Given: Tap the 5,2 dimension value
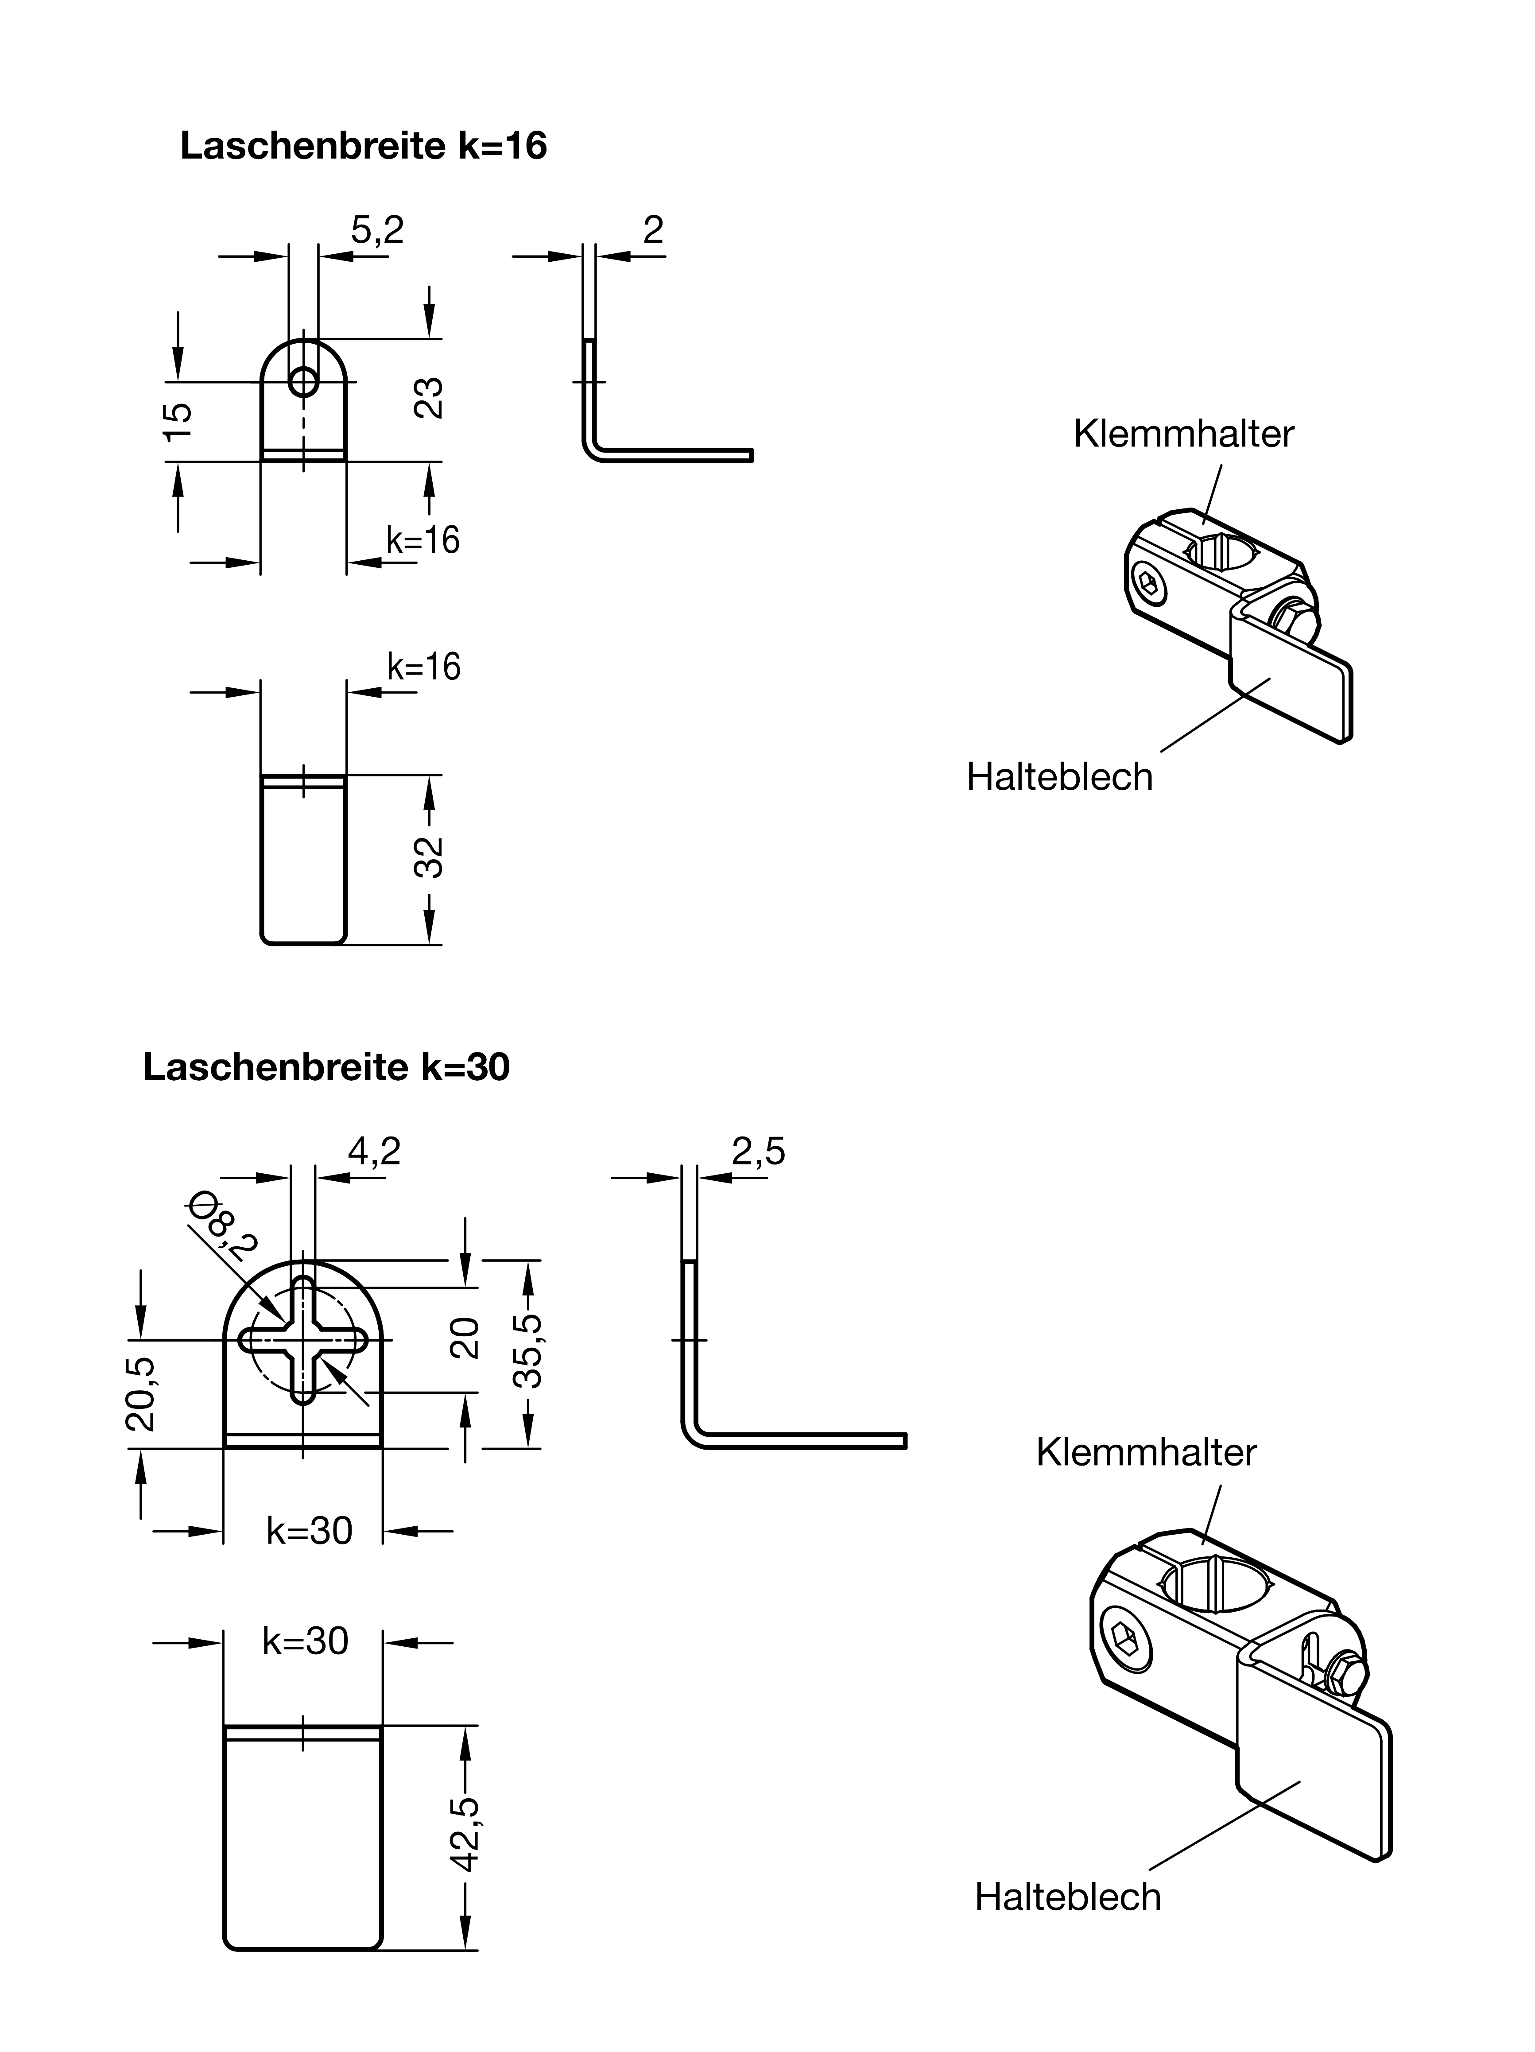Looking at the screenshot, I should click(377, 229).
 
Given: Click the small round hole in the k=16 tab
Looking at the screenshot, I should click(302, 380).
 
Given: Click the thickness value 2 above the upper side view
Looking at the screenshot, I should click(653, 229).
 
